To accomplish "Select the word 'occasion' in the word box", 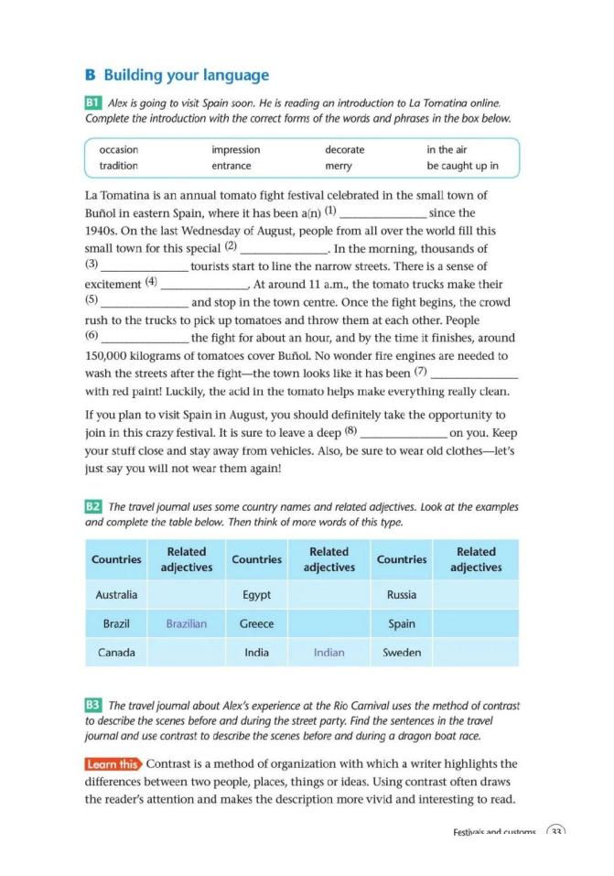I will (118, 149).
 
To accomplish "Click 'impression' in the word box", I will (235, 149).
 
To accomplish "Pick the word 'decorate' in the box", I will (344, 149).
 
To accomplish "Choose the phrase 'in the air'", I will (447, 149).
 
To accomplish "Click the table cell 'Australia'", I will (116, 595).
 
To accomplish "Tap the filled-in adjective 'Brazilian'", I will (187, 623).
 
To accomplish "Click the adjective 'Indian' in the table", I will (329, 653).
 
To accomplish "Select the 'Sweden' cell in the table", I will (402, 653).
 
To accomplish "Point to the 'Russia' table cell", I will (402, 595).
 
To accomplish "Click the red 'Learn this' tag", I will (113, 763).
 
